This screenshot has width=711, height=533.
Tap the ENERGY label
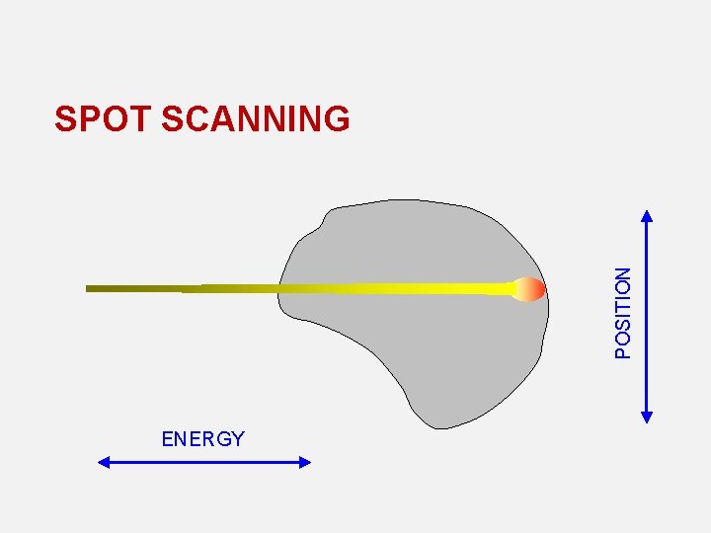click(202, 439)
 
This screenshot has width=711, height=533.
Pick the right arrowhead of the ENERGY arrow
click(305, 461)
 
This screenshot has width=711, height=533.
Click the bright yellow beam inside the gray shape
click(415, 288)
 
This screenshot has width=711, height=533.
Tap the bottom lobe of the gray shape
click(444, 400)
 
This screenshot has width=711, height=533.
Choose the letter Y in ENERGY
click(237, 439)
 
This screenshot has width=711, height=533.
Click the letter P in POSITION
click(623, 349)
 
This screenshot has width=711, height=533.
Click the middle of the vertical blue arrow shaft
click(647, 316)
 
